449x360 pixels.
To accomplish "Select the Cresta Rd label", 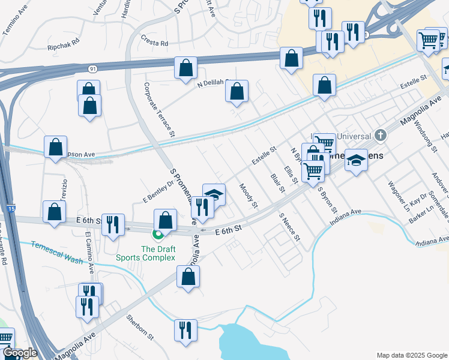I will (155, 43).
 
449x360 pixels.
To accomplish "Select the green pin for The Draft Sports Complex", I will (158, 235).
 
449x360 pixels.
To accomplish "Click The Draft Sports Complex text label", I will (158, 253).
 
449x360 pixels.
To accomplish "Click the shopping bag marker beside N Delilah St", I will (237, 91).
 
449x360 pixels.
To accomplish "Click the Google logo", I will (20, 353).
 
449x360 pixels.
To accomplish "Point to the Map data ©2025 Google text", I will (411, 355).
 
